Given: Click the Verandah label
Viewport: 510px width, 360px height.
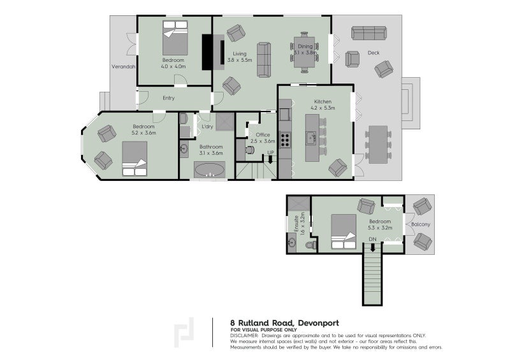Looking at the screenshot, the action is coord(124,67).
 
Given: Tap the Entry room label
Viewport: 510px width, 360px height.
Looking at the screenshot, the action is coord(168,98).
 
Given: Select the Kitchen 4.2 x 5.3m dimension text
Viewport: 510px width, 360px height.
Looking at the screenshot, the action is coord(323,108).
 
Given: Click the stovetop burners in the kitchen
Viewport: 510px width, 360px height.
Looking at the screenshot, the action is coord(286,140).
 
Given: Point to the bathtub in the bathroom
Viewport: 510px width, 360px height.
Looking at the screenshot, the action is coord(210,169).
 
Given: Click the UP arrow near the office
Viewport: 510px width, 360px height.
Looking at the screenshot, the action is coord(270,159).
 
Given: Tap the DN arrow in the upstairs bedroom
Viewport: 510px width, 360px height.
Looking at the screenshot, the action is coord(373,247).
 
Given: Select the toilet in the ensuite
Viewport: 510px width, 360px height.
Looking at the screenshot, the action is coord(311,245).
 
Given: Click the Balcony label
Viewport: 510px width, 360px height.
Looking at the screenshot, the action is coord(421,224).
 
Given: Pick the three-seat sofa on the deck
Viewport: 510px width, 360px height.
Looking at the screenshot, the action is coord(369,33).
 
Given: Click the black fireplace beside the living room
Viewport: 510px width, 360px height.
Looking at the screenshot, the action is coord(207,52).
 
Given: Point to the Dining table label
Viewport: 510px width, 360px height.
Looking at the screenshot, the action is coord(305,46).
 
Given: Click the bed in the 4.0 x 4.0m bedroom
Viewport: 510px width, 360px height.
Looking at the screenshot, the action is coord(175,38).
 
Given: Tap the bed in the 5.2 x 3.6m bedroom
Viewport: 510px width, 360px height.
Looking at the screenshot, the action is coord(135,159).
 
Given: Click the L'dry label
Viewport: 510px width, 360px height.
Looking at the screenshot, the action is coord(207,127).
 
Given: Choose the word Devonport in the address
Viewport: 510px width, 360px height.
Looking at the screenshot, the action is coord(318,323).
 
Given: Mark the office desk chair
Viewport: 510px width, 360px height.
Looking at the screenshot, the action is coord(250,150).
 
